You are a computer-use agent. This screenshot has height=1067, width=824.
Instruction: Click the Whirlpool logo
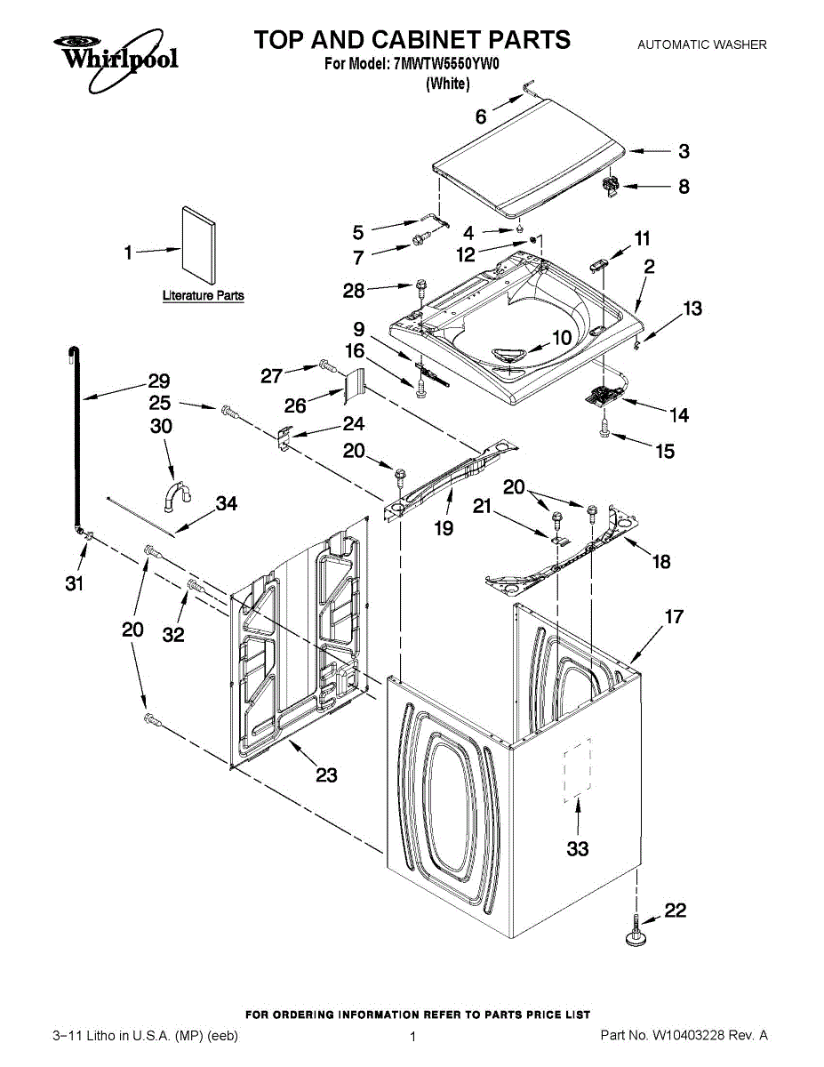116,60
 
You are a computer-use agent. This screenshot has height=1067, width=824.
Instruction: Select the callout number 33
578,848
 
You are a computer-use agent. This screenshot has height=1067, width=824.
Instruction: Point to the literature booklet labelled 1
198,245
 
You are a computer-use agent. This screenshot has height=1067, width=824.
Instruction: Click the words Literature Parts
204,295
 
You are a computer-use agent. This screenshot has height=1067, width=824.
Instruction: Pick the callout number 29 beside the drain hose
159,381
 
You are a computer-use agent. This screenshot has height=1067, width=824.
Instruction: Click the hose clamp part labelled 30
177,496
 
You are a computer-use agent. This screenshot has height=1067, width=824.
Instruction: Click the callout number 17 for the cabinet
674,616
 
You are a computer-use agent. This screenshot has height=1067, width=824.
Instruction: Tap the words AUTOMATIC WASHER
702,44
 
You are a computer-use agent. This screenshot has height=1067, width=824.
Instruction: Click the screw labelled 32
196,586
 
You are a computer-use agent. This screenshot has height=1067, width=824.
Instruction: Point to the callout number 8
684,187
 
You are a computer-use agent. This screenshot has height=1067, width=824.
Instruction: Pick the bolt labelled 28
420,289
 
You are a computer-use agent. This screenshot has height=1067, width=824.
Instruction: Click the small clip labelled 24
284,437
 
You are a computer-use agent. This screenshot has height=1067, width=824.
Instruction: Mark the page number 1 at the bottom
412,1037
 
